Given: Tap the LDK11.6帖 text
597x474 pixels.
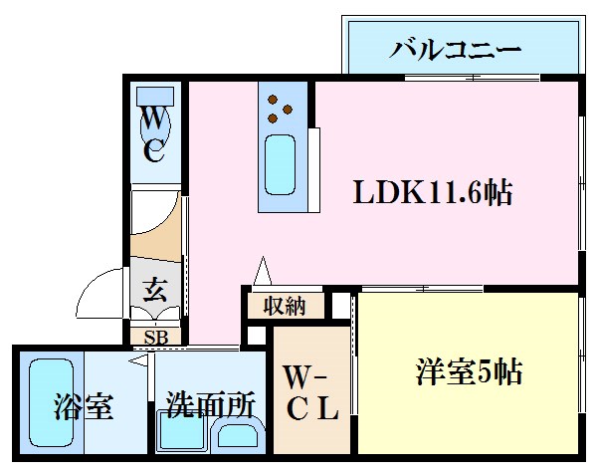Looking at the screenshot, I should pyautogui.click(x=433, y=192).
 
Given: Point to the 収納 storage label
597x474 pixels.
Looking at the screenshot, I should pyautogui.click(x=284, y=306).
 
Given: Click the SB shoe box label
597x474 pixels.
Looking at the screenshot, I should pyautogui.click(x=155, y=336).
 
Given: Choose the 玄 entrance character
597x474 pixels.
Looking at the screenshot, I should pyautogui.click(x=155, y=292).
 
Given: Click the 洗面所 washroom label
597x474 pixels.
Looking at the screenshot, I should pyautogui.click(x=211, y=405).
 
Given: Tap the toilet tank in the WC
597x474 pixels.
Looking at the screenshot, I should pyautogui.click(x=155, y=97).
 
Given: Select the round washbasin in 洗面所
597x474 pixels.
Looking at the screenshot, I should pyautogui.click(x=239, y=435).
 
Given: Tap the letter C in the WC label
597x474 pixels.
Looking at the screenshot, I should pyautogui.click(x=155, y=151).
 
